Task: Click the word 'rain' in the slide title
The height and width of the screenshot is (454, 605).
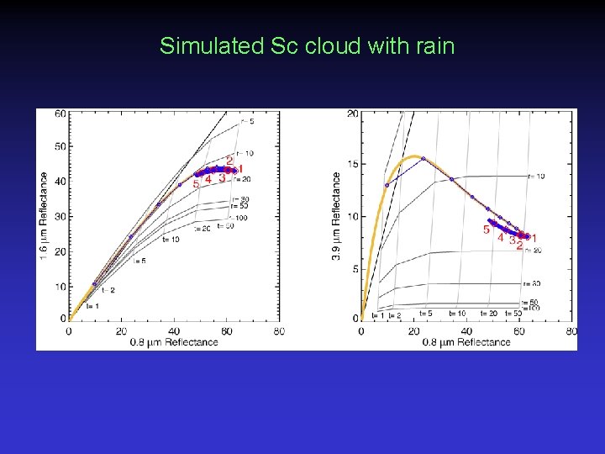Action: pos(435,45)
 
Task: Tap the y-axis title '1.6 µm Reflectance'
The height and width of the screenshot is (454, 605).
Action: pos(44,216)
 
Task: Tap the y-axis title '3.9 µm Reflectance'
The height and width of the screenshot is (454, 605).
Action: pos(336,216)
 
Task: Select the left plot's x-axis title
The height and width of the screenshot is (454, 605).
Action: pos(174,342)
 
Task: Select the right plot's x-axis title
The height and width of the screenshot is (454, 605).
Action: pos(466,342)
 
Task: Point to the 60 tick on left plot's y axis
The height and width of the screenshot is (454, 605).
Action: pos(60,113)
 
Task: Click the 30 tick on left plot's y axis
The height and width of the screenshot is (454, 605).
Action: pos(60,216)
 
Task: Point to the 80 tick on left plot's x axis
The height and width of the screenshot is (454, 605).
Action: pos(278,331)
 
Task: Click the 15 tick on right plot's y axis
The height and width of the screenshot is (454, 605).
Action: pos(354,164)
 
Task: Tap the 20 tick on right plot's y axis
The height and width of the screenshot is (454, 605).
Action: pos(354,113)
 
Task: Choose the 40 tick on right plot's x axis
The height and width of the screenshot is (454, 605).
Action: pos(466,331)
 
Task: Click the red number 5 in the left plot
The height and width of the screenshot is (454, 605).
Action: pos(196,183)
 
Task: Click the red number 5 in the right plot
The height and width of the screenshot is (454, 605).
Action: pos(487,229)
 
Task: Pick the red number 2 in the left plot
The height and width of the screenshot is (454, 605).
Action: pos(229,161)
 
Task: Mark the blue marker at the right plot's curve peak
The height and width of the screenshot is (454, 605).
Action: pos(423,158)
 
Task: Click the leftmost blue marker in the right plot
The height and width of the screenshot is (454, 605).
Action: pos(387,185)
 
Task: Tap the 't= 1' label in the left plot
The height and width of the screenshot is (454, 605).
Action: pos(92,306)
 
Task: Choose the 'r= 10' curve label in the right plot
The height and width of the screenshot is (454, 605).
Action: pos(534,177)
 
